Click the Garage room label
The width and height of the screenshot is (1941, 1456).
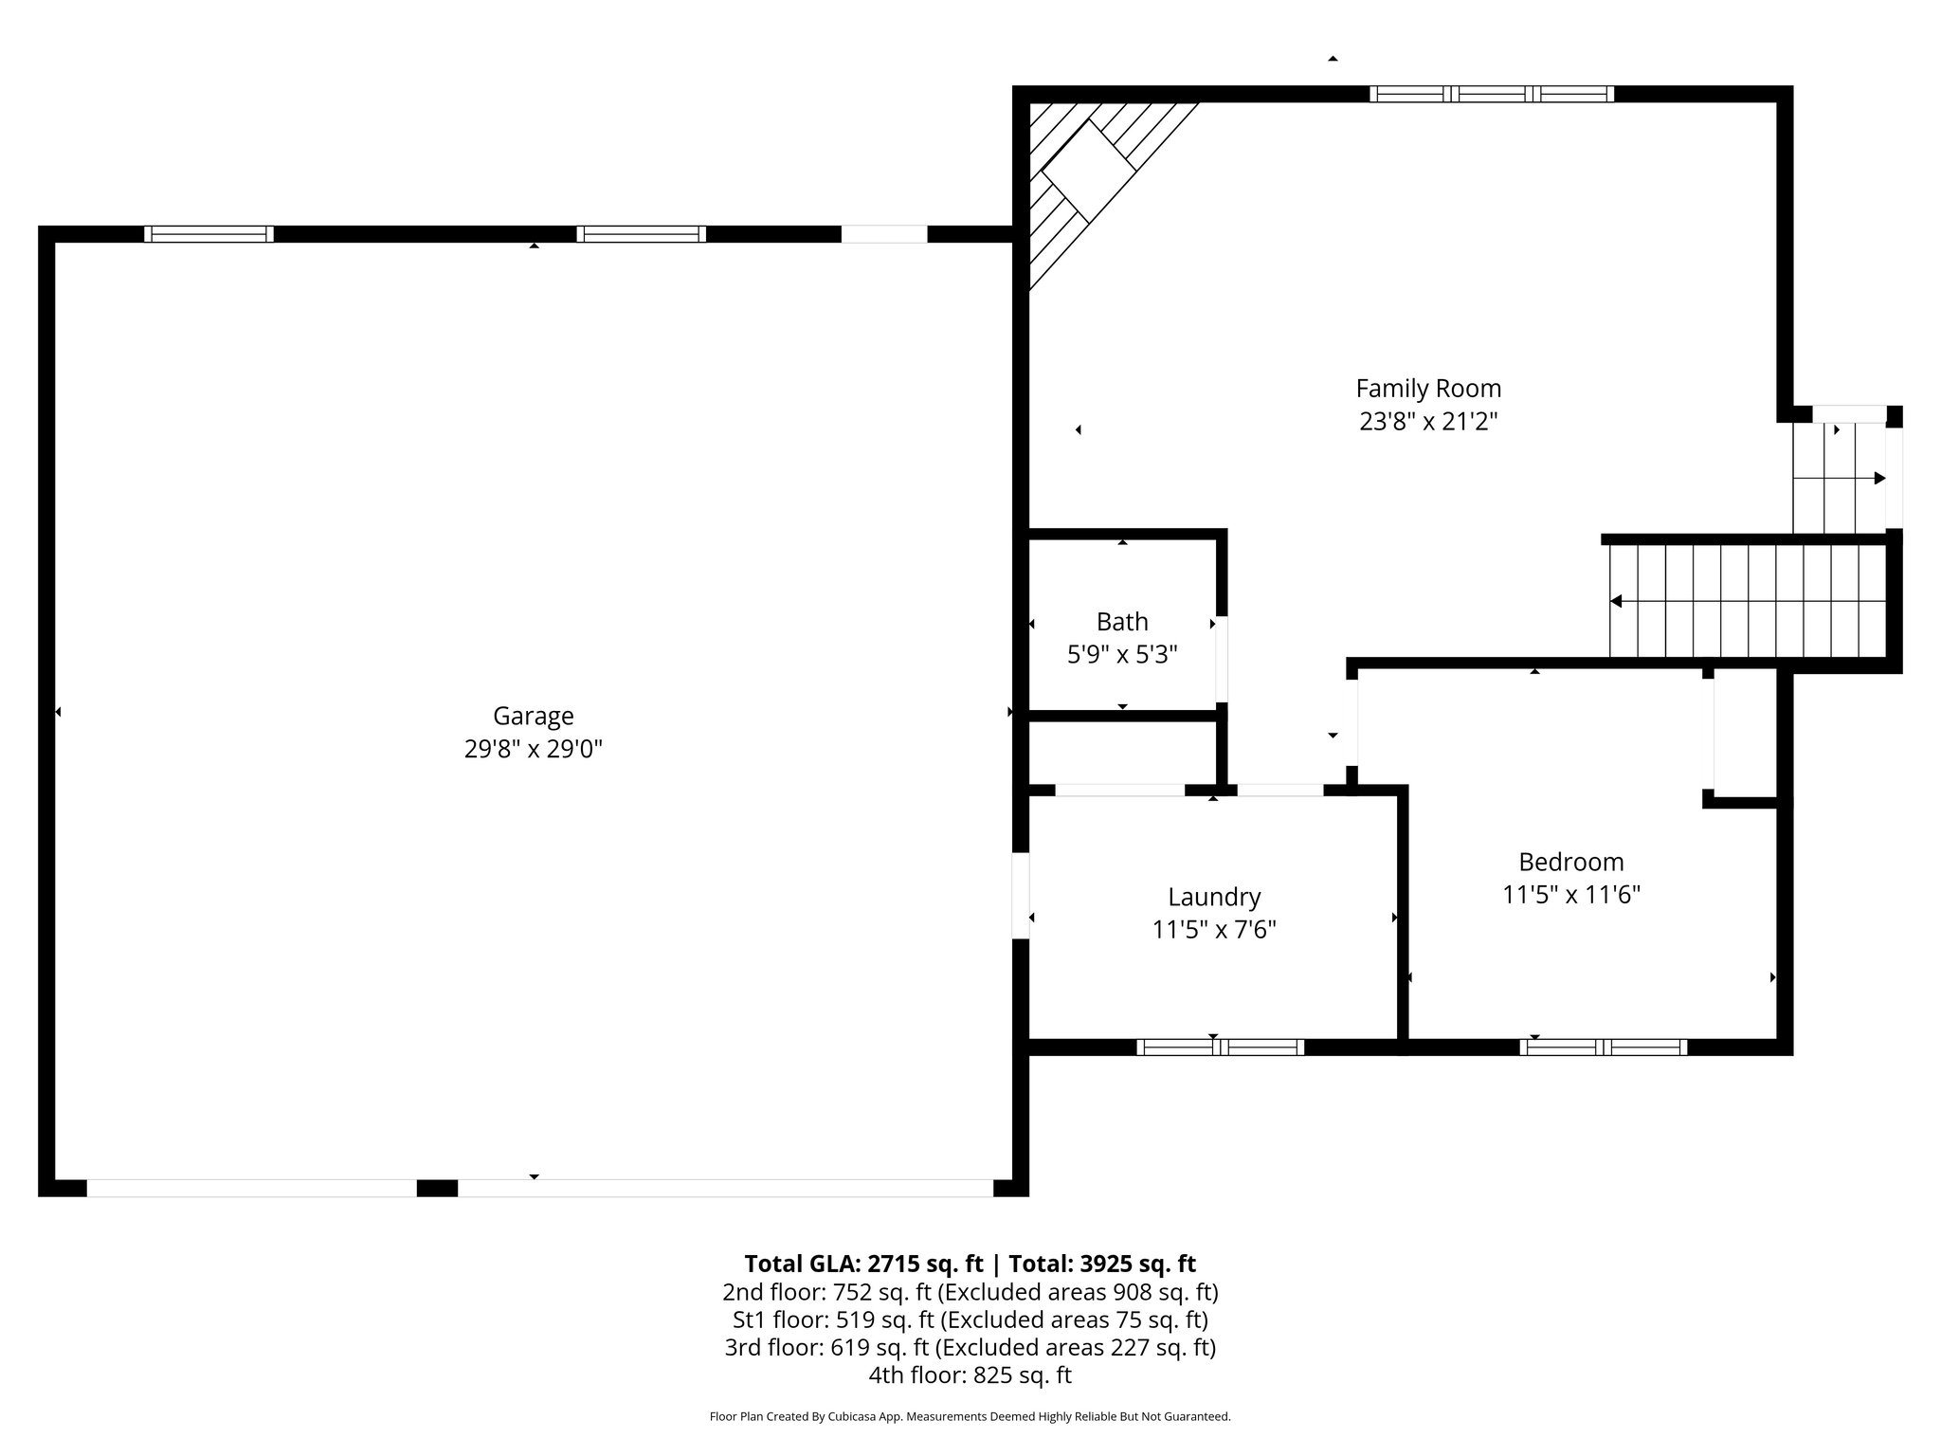coord(533,716)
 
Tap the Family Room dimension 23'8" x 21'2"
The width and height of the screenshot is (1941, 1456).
coord(1427,421)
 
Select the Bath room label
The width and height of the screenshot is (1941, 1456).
coord(1122,622)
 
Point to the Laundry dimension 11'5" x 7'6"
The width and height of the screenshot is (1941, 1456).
coord(1214,930)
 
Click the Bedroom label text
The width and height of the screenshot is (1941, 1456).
coord(1570,862)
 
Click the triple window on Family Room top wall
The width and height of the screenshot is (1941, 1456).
coord(1491,94)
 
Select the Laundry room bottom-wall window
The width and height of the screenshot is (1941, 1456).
coord(1220,1047)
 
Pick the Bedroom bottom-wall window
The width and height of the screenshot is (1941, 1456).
coord(1603,1047)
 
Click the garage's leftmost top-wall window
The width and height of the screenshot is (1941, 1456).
coord(209,234)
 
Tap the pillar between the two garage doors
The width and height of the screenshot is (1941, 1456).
coord(437,1188)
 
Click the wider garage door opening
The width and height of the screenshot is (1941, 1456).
coord(725,1188)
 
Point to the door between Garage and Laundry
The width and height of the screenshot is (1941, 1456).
coord(1021,896)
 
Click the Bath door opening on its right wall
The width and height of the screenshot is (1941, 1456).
coord(1222,659)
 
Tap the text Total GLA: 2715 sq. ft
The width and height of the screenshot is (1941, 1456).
coord(863,1264)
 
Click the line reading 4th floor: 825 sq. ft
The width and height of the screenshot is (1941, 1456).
coord(970,1375)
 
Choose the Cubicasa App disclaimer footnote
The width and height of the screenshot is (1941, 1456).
coord(970,1417)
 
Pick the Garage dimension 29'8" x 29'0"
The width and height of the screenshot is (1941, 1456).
coord(533,749)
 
